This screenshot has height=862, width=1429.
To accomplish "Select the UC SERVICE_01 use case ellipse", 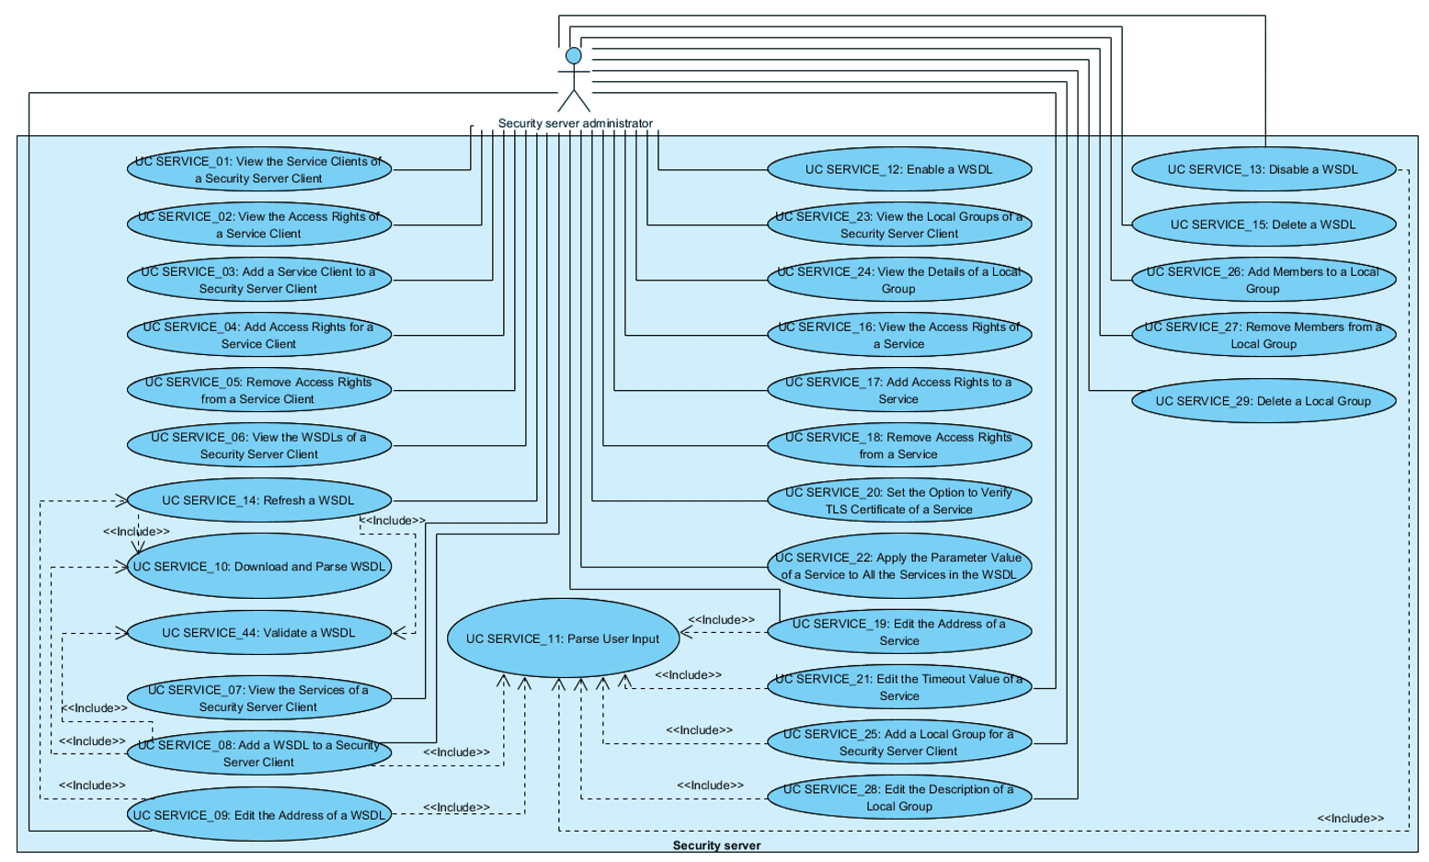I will point(259,169).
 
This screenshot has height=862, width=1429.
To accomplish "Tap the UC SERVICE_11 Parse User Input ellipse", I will point(563,638).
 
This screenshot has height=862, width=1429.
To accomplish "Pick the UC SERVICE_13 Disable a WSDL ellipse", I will point(1263,169).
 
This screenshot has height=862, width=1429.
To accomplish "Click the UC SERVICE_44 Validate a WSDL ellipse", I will point(259,633).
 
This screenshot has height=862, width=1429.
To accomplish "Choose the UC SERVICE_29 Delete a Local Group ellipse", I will point(1263,401).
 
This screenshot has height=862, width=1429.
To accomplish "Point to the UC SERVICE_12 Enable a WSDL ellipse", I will point(898,169).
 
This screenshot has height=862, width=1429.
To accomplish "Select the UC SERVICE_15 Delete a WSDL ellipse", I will point(1263,224).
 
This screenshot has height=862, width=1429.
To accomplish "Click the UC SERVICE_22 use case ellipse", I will point(898,566).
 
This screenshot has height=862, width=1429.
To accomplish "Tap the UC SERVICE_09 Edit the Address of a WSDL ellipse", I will point(259,815).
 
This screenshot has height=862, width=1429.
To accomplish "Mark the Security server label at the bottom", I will point(716,845).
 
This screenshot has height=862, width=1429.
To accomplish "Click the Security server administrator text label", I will point(576,123).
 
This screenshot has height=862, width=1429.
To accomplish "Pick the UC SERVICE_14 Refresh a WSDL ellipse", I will point(259,500).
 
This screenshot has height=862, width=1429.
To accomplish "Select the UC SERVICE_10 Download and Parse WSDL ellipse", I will point(259,567).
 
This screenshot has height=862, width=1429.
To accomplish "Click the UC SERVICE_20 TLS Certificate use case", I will point(898,500).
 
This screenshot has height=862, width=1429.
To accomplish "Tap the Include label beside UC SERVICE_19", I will point(721,620).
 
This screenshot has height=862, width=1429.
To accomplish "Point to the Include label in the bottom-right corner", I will point(1350,818).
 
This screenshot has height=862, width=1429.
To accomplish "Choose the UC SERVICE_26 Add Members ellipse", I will point(1263,280).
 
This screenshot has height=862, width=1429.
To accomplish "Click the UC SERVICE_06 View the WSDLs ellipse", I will point(259,445).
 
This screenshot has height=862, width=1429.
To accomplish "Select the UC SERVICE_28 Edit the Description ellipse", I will point(898,798).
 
